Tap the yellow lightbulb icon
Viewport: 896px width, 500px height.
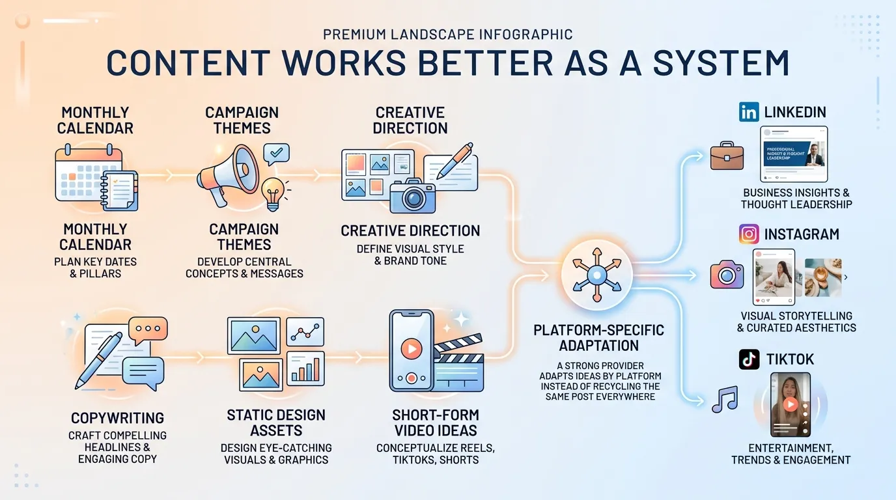pos(273,192)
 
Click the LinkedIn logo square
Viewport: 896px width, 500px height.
pos(749,113)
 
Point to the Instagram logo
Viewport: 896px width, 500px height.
pos(749,234)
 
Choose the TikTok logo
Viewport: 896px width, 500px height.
pos(749,359)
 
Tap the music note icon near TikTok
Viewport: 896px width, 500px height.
pos(724,399)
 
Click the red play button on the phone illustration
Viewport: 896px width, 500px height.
pos(411,349)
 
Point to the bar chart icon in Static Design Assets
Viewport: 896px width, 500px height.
pos(306,369)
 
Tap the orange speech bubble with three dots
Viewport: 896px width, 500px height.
pos(148,331)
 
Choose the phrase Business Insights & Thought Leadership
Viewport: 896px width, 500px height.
pos(796,199)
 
